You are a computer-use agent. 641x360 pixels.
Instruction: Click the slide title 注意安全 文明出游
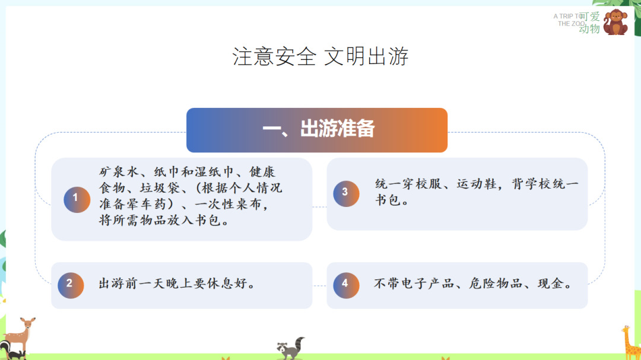point(320,58)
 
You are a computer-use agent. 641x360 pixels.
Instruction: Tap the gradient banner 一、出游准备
point(317,130)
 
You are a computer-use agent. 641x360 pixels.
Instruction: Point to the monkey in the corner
point(615,23)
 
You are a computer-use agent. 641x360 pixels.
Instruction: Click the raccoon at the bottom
point(291,348)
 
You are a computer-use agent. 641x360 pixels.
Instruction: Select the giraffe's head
point(627,331)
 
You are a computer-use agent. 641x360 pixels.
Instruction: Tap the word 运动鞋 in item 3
point(476,184)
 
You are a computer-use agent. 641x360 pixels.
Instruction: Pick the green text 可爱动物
point(589,23)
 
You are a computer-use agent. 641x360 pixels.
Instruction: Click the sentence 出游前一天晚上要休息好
point(177,284)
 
